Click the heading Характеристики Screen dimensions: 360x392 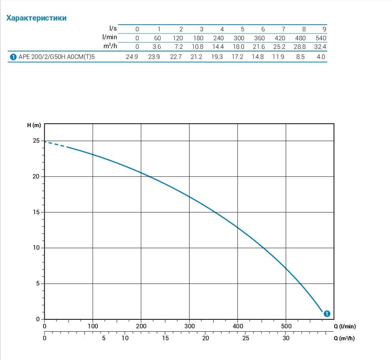coord(36,18)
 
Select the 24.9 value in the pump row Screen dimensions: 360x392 coord(132,57)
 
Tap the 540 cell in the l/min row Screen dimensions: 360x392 coord(321,38)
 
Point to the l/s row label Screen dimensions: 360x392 coord(113,29)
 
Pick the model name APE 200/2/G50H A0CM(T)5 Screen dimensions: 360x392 coord(57,57)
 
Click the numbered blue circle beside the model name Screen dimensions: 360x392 coord(13,57)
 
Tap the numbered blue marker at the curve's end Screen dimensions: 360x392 coord(326,314)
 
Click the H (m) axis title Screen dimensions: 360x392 coord(34,125)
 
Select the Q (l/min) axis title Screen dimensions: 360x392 coord(344,326)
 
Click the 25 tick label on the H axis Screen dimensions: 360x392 coord(36,141)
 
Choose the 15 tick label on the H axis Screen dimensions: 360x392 coord(36,212)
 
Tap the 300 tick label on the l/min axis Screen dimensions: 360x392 coord(189,326)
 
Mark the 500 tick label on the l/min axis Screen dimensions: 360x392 coord(286,326)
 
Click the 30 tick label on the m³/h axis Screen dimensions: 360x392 coord(286,338)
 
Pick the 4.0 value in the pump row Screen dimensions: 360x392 coord(321,57)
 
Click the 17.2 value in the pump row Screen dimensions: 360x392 coord(239,57)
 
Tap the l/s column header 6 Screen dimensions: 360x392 coord(263,29)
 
